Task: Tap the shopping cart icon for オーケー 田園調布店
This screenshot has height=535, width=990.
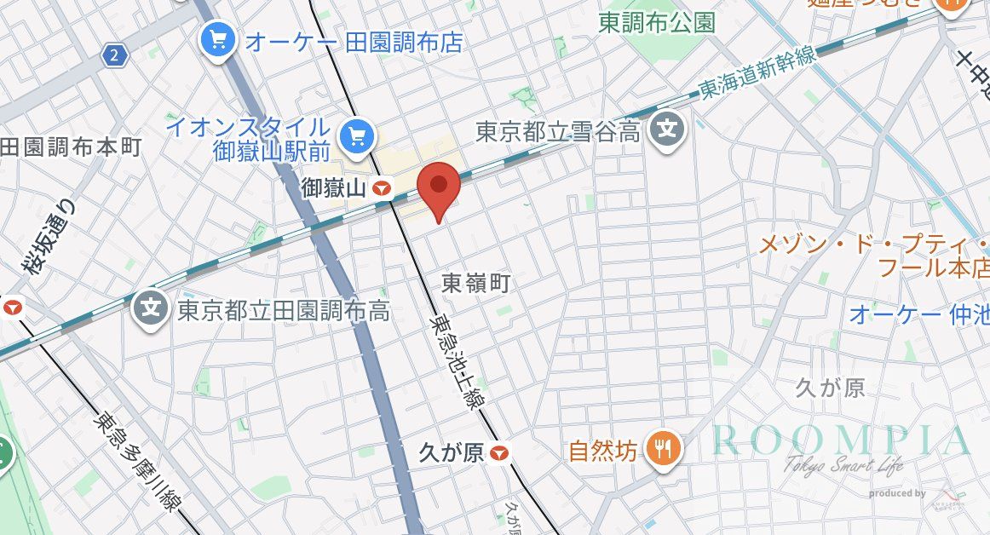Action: (218, 38)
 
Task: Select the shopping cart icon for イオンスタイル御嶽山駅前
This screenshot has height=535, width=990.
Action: (354, 135)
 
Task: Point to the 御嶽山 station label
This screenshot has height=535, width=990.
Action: (336, 189)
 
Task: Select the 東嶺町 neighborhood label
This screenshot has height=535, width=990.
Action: (476, 284)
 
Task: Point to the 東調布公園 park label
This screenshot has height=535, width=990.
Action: (656, 23)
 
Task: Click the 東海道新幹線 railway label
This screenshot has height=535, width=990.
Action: (757, 73)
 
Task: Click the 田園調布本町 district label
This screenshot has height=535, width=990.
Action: (70, 147)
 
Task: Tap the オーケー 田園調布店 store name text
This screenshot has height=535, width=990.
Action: (354, 42)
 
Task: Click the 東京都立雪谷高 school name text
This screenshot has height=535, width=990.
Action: (558, 132)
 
